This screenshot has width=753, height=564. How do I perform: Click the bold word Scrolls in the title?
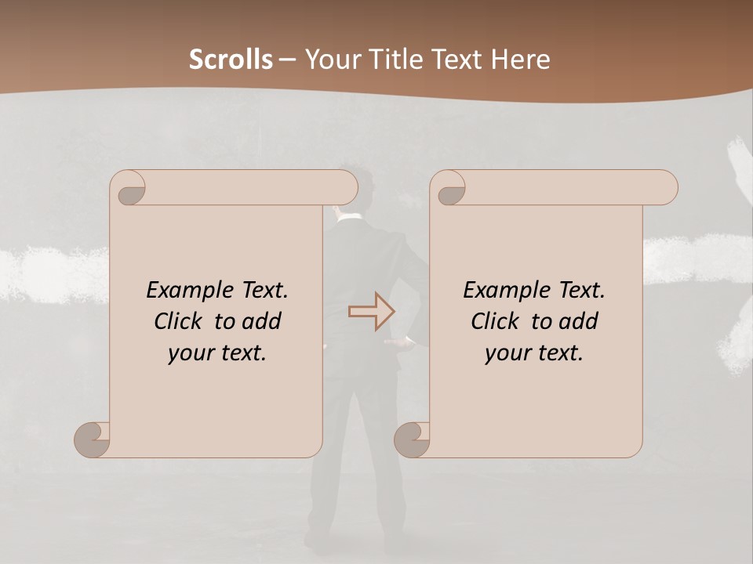click(231, 60)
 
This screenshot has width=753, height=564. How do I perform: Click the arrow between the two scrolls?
click(372, 312)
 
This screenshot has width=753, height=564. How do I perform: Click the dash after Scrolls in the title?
click(287, 60)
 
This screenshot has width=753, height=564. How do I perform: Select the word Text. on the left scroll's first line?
click(259, 291)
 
